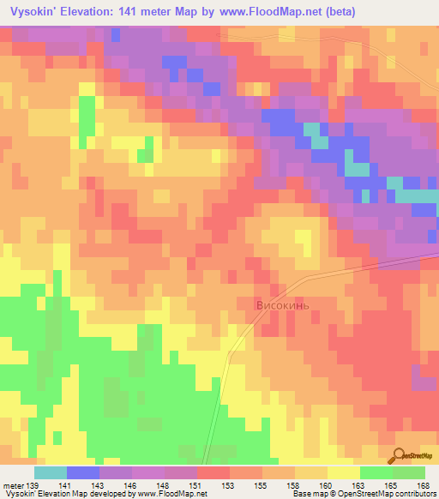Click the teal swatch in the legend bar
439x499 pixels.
coord(51,472)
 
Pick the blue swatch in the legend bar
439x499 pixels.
coord(83,472)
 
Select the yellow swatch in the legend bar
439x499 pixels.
coord(344,472)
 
